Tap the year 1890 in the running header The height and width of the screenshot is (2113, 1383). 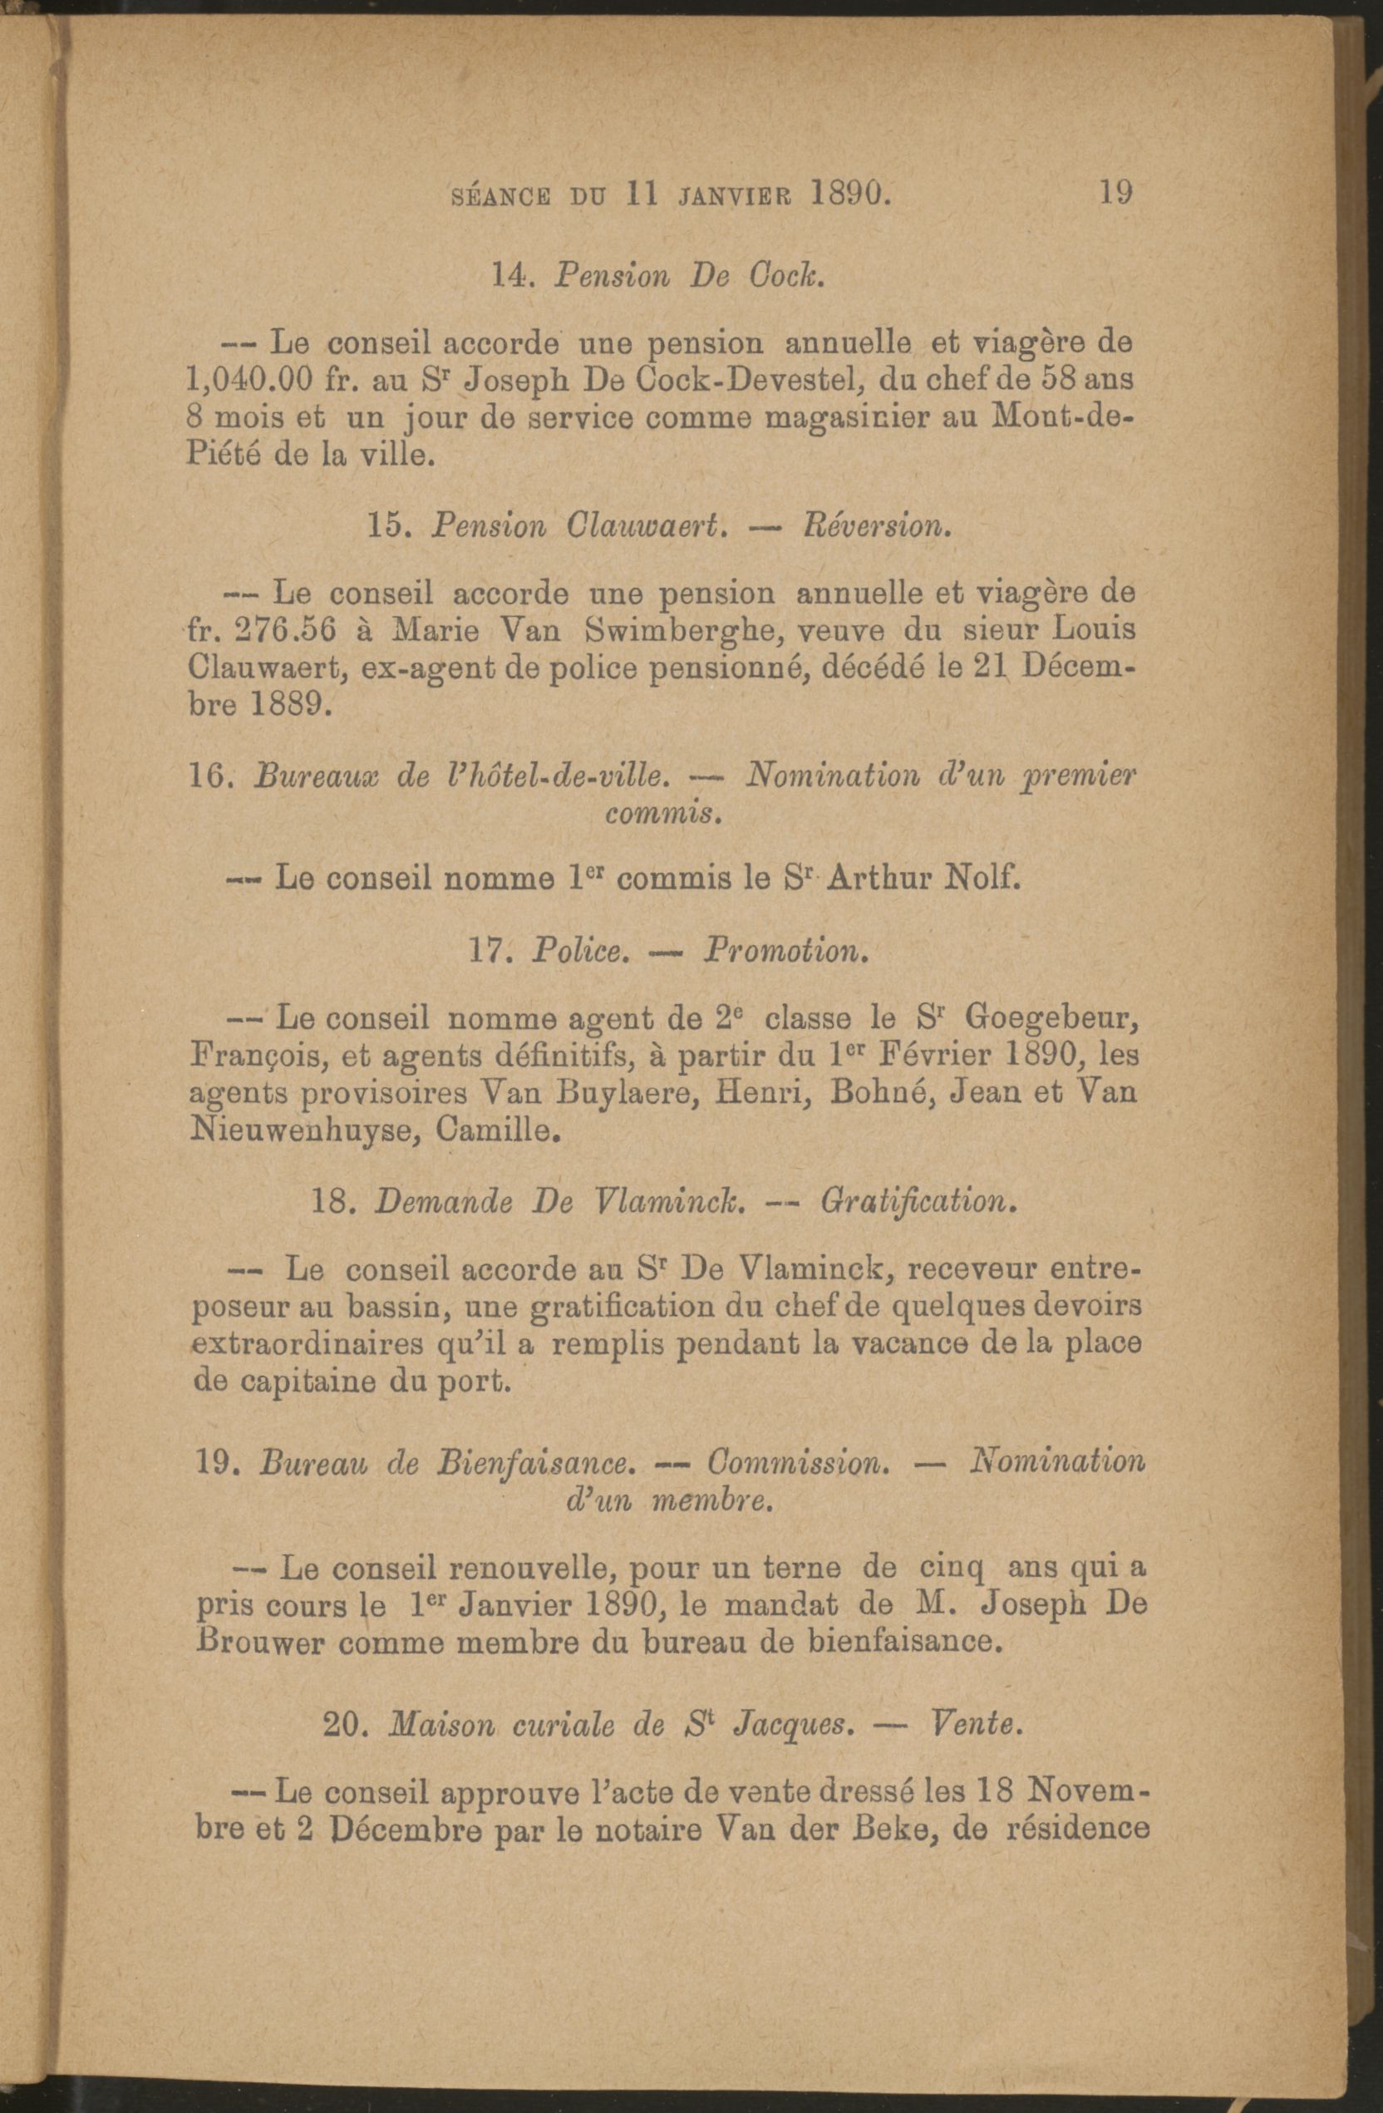[x=850, y=193]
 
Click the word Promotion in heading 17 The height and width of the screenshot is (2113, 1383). [x=783, y=952]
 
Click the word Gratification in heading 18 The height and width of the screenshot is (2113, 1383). [x=916, y=1202]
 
